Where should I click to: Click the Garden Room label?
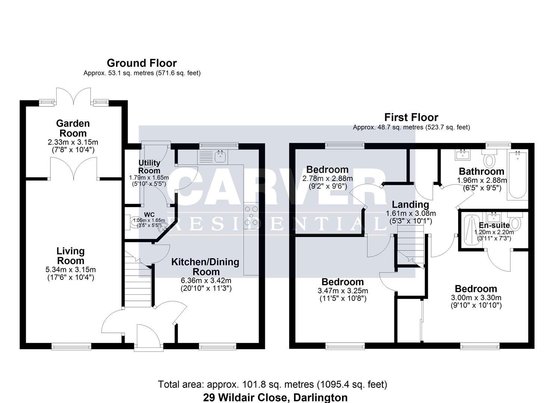pyautogui.click(x=73, y=128)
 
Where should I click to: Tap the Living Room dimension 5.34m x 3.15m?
pyautogui.click(x=71, y=269)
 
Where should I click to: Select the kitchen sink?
pyautogui.click(x=220, y=156)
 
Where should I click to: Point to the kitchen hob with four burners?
pyautogui.click(x=251, y=216)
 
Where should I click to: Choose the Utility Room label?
pyautogui.click(x=149, y=167)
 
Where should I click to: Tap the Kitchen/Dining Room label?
pyautogui.click(x=205, y=267)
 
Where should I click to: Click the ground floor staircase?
pyautogui.click(x=138, y=279)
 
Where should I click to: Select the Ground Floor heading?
pyautogui.click(x=142, y=63)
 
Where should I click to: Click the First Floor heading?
pyautogui.click(x=411, y=117)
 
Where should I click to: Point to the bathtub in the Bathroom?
pyautogui.click(x=517, y=175)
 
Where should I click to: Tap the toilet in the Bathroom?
pyautogui.click(x=489, y=158)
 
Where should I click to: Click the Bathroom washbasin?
pyautogui.click(x=462, y=155)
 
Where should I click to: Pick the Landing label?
pyautogui.click(x=410, y=204)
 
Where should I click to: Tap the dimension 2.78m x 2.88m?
pyautogui.click(x=328, y=178)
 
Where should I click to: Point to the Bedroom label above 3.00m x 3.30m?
pyautogui.click(x=476, y=289)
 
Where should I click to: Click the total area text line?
pyautogui.click(x=273, y=384)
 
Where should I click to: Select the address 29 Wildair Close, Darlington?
pyautogui.click(x=275, y=397)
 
